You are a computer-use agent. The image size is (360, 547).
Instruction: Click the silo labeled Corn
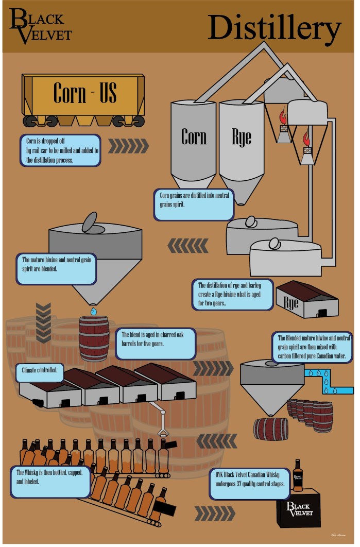[194, 139]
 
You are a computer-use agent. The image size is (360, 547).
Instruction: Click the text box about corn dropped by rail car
[61, 150]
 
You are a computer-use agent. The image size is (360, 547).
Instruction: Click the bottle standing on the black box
[298, 476]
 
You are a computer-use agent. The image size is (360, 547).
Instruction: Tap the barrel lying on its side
[271, 429]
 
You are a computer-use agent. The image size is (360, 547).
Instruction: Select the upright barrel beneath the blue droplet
[94, 337]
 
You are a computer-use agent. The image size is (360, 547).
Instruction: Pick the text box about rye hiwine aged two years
[233, 295]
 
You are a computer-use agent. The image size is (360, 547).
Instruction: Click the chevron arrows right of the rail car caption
[128, 146]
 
